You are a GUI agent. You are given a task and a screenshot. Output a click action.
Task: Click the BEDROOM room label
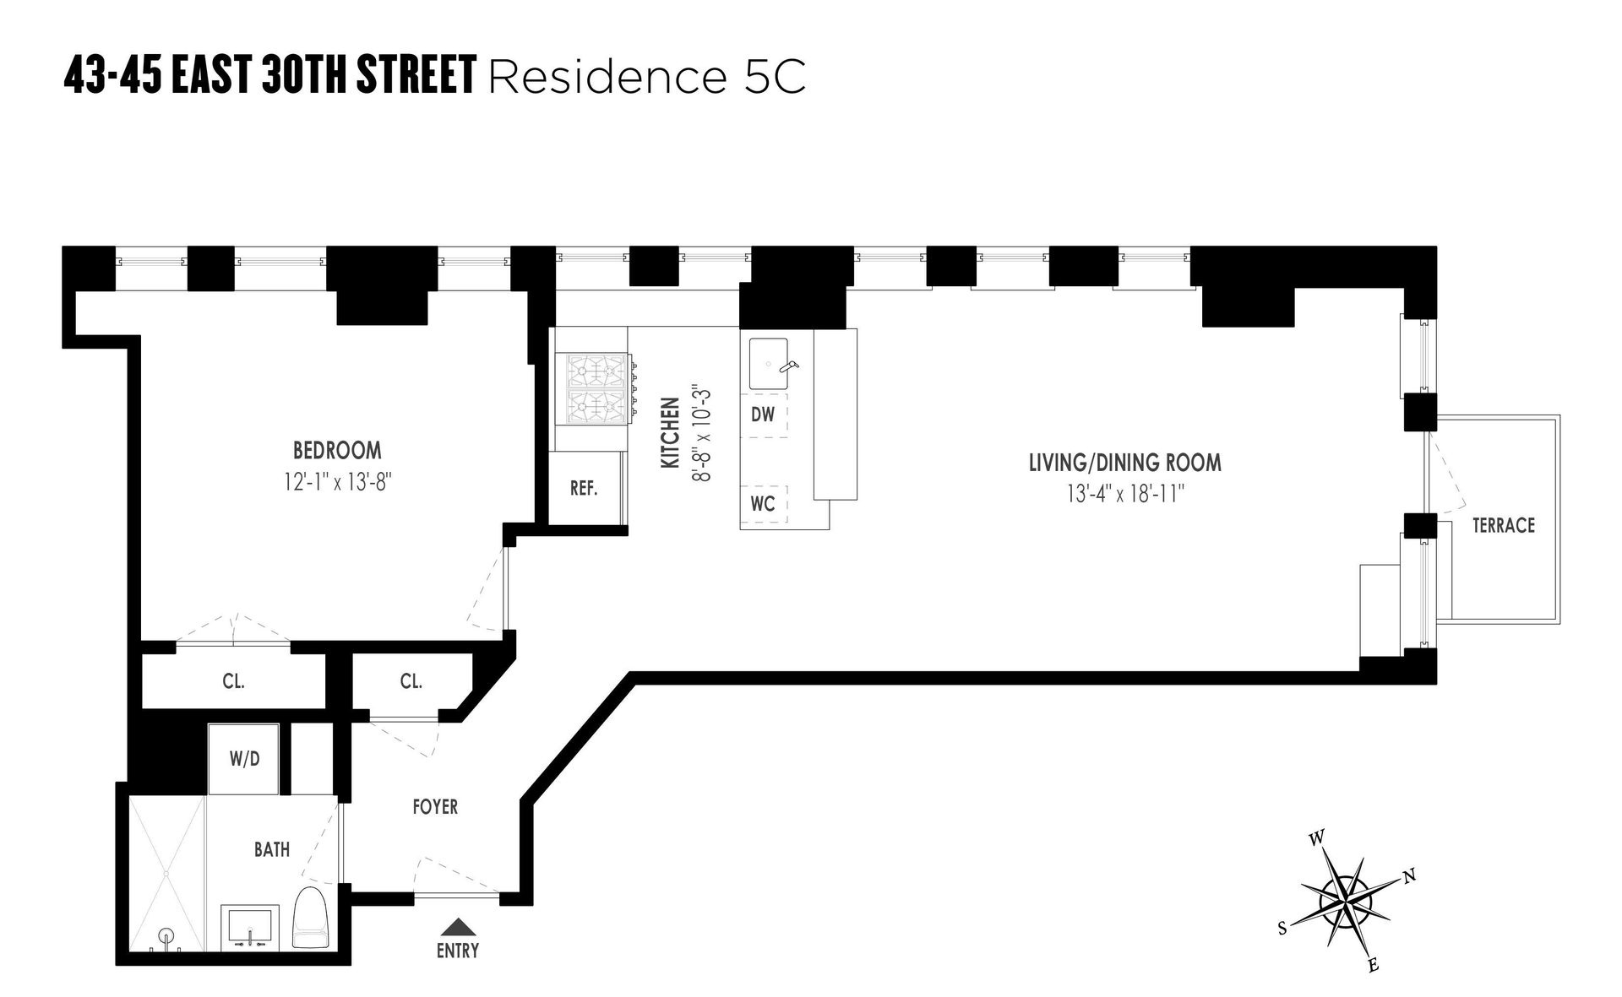(337, 450)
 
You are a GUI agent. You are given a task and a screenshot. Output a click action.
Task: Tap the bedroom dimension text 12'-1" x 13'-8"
(337, 483)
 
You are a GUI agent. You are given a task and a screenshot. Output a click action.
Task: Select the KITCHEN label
(670, 432)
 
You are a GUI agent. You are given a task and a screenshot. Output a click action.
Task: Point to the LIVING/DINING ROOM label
(1124, 463)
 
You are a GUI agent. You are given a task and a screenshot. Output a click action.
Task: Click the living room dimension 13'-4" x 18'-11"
(1125, 494)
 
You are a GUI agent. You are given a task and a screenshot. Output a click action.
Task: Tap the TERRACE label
(1503, 525)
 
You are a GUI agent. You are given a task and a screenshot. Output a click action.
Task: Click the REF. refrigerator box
(584, 488)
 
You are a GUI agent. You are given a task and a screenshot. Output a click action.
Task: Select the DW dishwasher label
(762, 415)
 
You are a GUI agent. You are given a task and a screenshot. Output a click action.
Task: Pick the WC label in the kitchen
(762, 504)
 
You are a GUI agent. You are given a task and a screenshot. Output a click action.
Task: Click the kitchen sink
(769, 364)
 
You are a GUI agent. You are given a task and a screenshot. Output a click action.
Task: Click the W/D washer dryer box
(244, 759)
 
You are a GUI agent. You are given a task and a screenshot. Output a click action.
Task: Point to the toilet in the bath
(310, 918)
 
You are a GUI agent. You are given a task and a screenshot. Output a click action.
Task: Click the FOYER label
(435, 807)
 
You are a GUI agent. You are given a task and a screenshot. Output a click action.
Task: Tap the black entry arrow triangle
(458, 926)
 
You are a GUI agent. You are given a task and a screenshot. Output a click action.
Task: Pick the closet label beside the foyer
(411, 681)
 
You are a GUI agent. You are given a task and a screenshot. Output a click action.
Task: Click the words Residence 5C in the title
(647, 77)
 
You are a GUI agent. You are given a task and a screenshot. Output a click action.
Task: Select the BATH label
(272, 849)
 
